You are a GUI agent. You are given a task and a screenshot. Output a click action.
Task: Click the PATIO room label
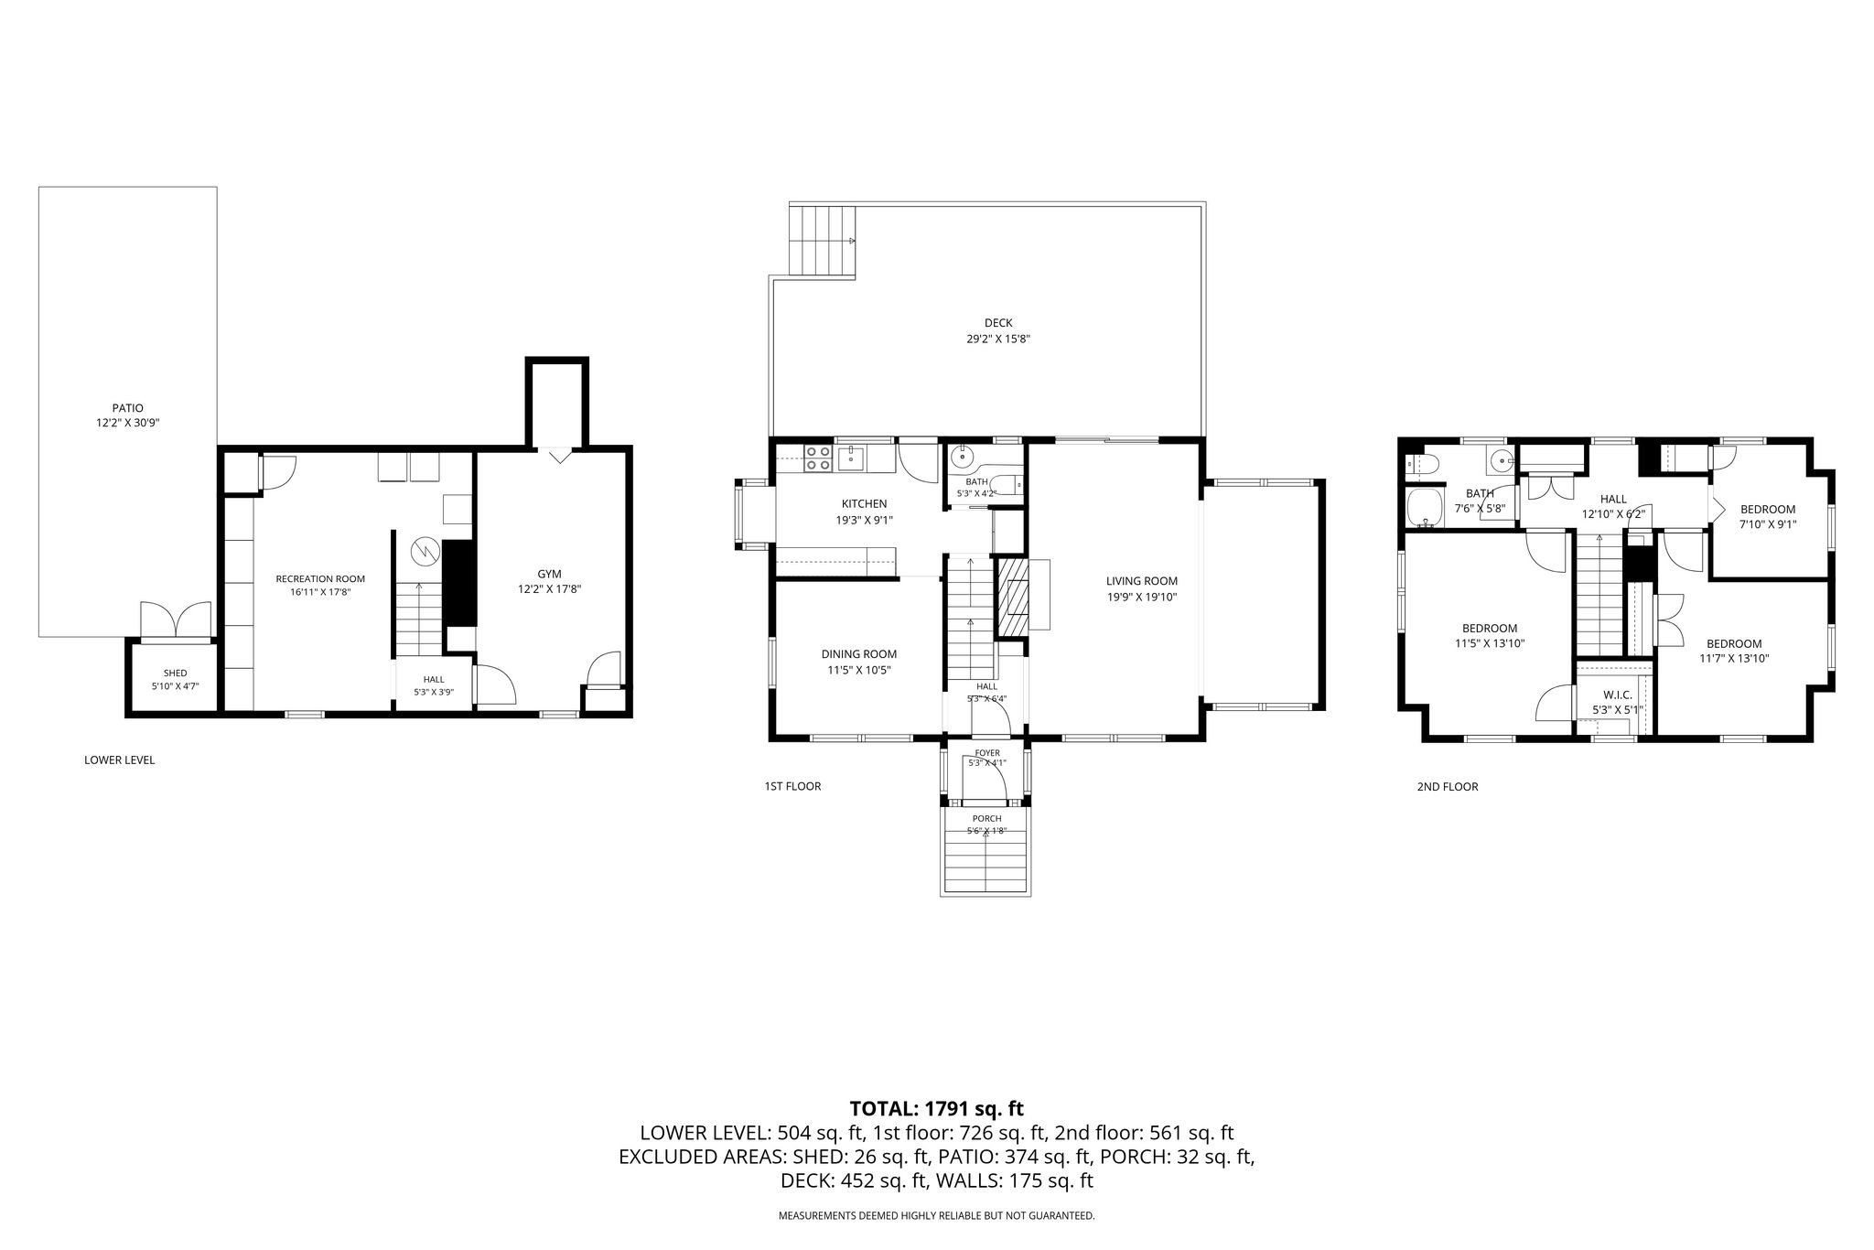[128, 408]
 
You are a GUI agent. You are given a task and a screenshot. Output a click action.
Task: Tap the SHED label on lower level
[175, 673]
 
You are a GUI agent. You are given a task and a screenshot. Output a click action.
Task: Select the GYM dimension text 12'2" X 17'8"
[550, 589]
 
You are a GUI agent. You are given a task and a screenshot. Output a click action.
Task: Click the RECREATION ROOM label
[320, 578]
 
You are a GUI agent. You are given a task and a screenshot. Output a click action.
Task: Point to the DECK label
[998, 322]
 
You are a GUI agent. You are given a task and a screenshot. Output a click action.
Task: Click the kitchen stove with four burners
[817, 458]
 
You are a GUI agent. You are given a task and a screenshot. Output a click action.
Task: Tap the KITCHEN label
[864, 503]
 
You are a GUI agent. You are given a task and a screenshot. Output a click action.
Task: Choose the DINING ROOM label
[858, 653]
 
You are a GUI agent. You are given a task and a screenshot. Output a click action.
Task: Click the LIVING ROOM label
[1141, 581]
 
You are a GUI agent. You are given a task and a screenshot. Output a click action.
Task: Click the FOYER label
[987, 753]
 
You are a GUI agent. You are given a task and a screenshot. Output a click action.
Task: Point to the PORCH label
[986, 819]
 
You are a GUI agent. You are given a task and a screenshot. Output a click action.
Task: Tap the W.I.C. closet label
[1618, 695]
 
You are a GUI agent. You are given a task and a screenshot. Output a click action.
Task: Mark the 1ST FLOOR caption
[792, 786]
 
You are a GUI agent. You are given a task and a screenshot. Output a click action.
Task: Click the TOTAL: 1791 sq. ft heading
[936, 1109]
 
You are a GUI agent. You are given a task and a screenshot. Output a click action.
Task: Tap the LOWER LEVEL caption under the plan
[119, 760]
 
